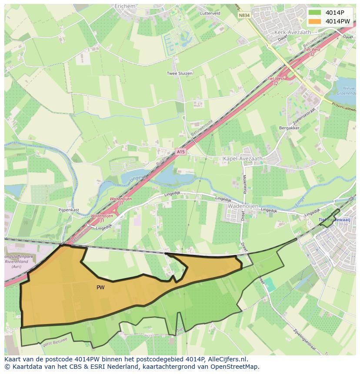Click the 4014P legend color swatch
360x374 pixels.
pyautogui.click(x=315, y=12)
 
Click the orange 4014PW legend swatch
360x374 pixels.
pyautogui.click(x=315, y=21)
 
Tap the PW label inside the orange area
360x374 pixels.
pyautogui.click(x=100, y=287)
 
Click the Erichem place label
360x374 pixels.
pyautogui.click(x=125, y=7)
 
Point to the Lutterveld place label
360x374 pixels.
pyautogui.click(x=210, y=13)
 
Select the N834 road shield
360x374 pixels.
pyautogui.click(x=244, y=15)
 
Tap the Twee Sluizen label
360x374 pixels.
pyautogui.click(x=180, y=73)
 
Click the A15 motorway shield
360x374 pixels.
pyautogui.click(x=181, y=151)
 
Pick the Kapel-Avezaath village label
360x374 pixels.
pyautogui.click(x=243, y=159)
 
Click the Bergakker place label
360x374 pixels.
pyautogui.click(x=290, y=129)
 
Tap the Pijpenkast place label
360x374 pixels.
pyautogui.click(x=69, y=209)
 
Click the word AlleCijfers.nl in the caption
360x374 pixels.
pyautogui.click(x=226, y=359)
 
